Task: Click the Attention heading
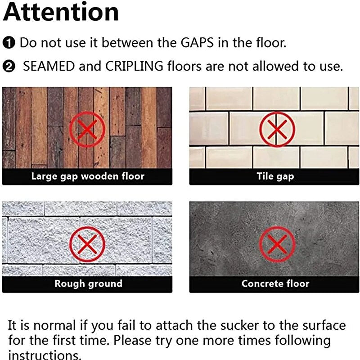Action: click(x=61, y=12)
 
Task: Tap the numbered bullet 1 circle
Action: click(x=9, y=43)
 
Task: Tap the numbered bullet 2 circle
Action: click(x=9, y=67)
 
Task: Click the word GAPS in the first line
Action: click(x=197, y=43)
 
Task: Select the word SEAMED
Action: click(x=49, y=66)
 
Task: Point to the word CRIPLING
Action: click(x=134, y=66)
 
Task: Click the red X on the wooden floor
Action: click(x=87, y=129)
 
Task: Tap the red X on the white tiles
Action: click(x=277, y=129)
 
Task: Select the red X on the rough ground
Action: click(x=87, y=244)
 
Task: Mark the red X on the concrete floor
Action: click(x=277, y=244)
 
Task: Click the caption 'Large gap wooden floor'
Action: click(x=88, y=176)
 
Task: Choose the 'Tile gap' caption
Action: click(x=275, y=176)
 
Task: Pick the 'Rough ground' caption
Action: click(x=88, y=284)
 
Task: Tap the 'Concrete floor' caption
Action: click(x=275, y=283)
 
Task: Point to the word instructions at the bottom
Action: click(x=45, y=355)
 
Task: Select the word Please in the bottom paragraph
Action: click(x=132, y=340)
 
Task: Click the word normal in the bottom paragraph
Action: click(x=54, y=326)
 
